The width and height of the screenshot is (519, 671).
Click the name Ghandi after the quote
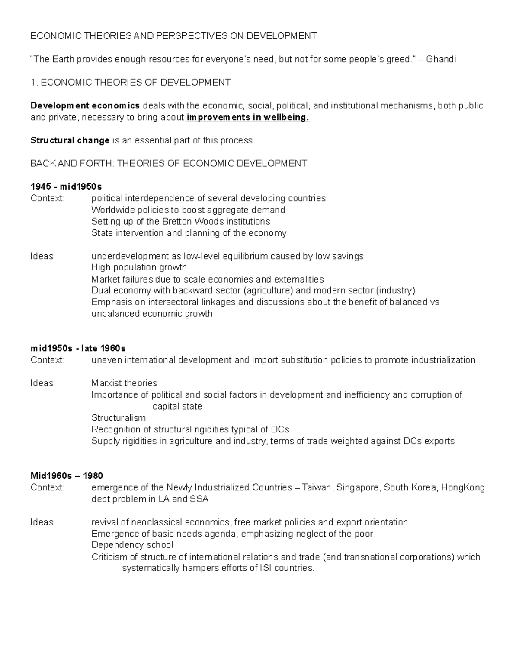click(441, 59)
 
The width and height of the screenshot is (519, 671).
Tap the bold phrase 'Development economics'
click(85, 106)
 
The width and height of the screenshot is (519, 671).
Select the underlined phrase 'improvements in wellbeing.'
click(248, 118)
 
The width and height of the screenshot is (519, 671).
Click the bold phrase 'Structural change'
click(70, 140)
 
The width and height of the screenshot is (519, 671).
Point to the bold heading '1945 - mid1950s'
click(66, 187)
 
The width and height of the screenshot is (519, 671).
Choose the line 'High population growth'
click(139, 267)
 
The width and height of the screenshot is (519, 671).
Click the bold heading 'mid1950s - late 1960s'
click(78, 348)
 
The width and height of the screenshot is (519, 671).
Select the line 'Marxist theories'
click(124, 383)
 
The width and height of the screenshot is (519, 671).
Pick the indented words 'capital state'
click(177, 407)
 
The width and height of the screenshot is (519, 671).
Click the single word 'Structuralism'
click(119, 418)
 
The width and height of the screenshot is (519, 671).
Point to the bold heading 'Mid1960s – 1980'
click(67, 476)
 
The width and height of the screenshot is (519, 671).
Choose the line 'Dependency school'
click(132, 545)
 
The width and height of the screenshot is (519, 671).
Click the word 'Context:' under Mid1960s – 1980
click(48, 488)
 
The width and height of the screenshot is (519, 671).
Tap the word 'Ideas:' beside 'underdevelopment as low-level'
click(43, 256)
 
